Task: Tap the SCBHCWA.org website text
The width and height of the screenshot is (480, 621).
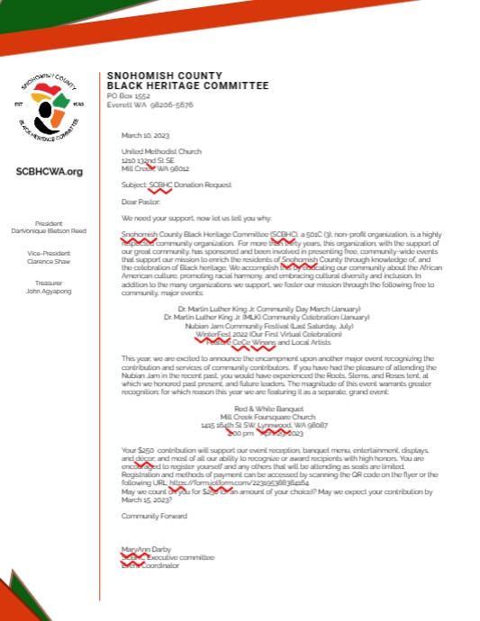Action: [50, 171]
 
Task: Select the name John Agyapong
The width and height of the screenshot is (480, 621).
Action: [50, 291]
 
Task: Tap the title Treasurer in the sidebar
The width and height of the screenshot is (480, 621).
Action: [50, 282]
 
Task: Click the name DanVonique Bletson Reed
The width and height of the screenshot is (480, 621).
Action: [50, 231]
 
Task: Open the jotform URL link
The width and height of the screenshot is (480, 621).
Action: [233, 482]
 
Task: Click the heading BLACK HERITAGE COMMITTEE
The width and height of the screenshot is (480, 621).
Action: [187, 85]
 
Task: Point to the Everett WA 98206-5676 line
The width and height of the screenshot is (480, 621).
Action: [149, 103]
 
